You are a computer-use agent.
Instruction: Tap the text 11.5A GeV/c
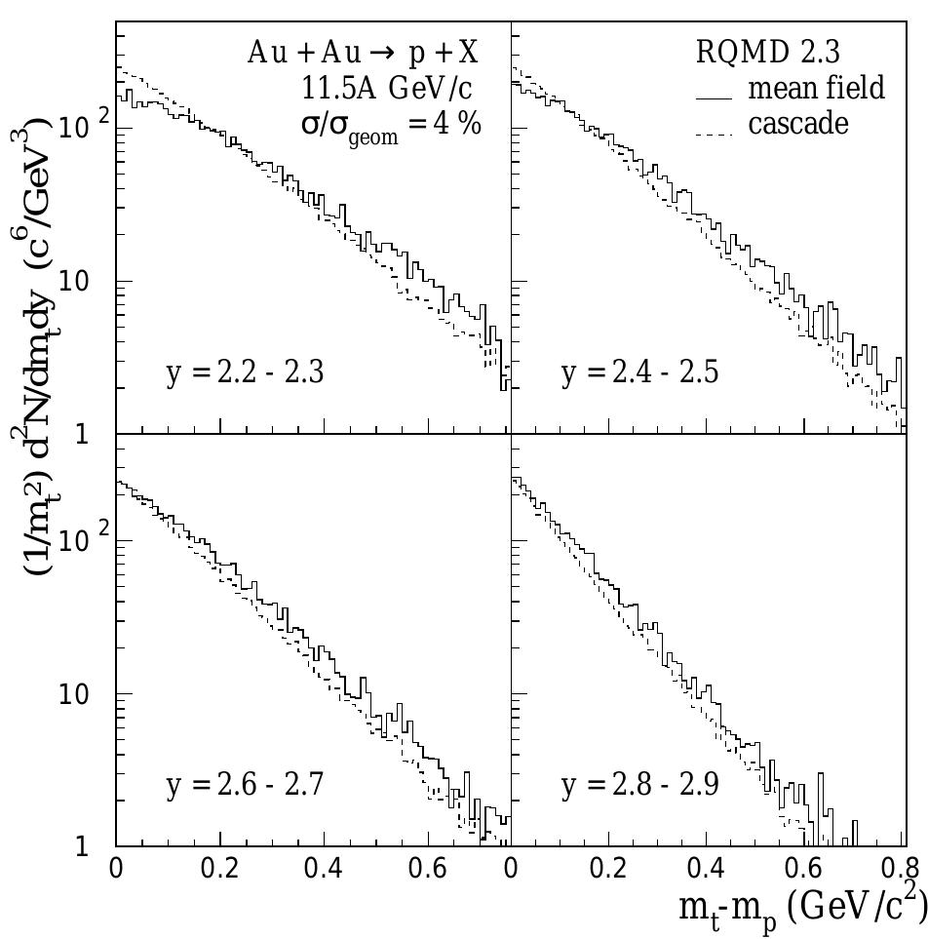click(388, 89)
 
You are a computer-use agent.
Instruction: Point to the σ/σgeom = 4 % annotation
click(390, 127)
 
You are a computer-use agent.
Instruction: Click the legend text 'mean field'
click(816, 89)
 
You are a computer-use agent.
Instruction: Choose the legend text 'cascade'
click(798, 125)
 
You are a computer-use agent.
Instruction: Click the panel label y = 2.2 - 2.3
click(246, 373)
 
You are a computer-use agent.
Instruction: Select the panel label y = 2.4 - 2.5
click(640, 373)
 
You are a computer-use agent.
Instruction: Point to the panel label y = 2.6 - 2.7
click(246, 786)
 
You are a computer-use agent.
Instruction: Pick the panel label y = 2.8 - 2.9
click(640, 786)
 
